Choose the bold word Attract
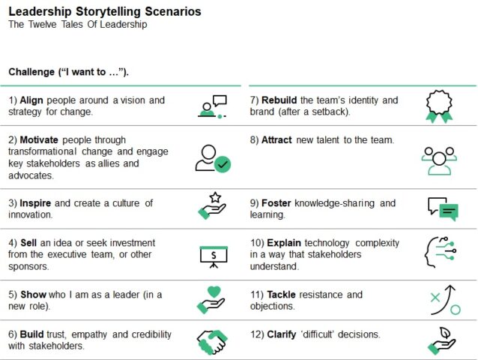coord(276,140)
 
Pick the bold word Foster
coord(276,203)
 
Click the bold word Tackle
coord(280,295)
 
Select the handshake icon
coord(212,341)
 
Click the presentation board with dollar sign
coord(212,255)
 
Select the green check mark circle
coord(222,163)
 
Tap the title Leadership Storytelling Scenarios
coord(104,11)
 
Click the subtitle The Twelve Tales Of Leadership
coord(78,25)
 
